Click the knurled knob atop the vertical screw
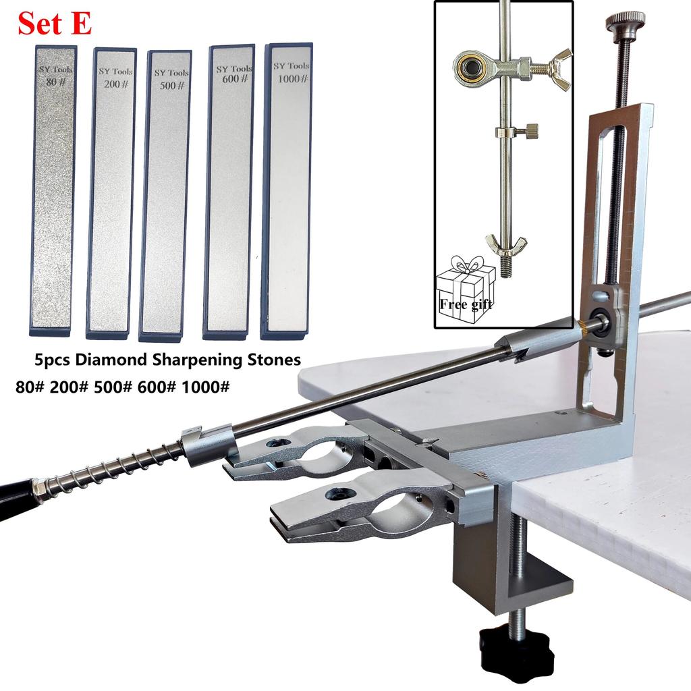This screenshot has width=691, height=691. (625, 22)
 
